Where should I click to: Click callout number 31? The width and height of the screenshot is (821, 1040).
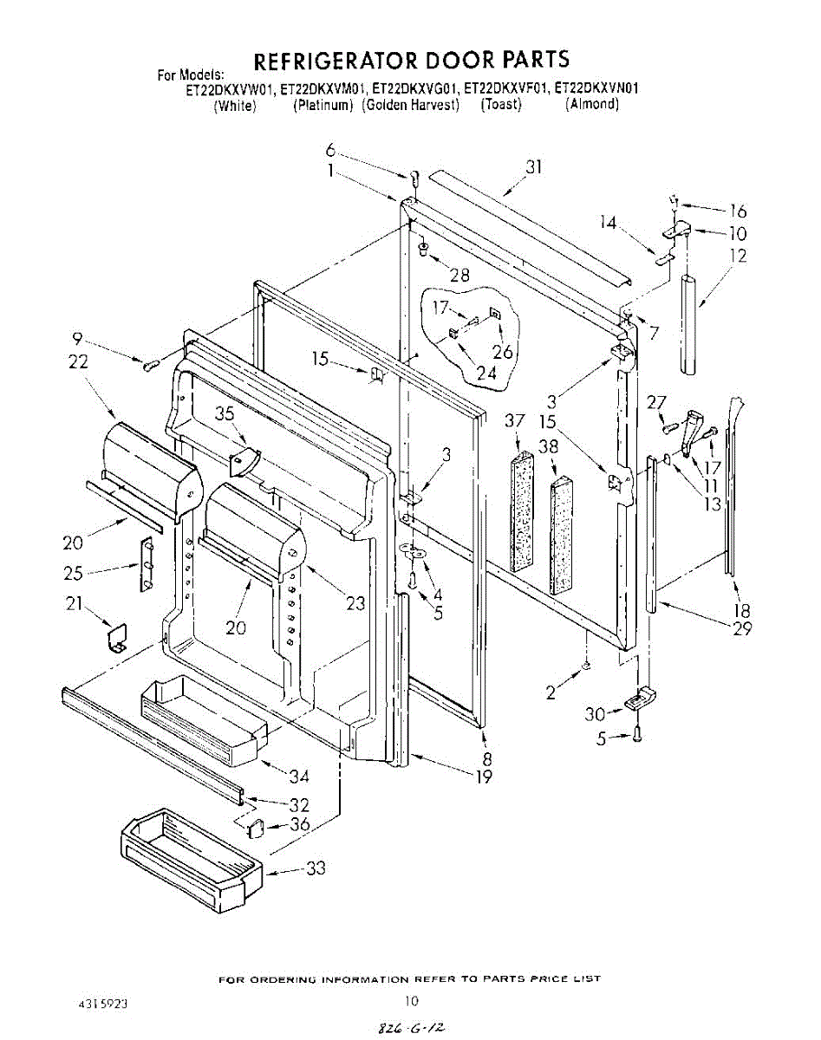pyautogui.click(x=533, y=167)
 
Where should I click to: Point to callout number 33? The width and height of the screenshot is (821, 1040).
pyautogui.click(x=316, y=868)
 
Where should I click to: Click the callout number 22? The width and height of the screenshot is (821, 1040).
pyautogui.click(x=78, y=362)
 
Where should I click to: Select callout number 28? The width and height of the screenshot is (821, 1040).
pyautogui.click(x=459, y=275)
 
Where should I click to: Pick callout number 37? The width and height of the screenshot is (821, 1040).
pyautogui.click(x=515, y=420)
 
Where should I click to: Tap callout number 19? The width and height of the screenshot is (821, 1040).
pyautogui.click(x=485, y=777)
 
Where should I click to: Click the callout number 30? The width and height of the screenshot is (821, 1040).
pyautogui.click(x=594, y=713)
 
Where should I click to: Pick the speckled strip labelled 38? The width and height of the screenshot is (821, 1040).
pyautogui.click(x=562, y=536)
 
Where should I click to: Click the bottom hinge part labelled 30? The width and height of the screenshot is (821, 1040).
pyautogui.click(x=641, y=698)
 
